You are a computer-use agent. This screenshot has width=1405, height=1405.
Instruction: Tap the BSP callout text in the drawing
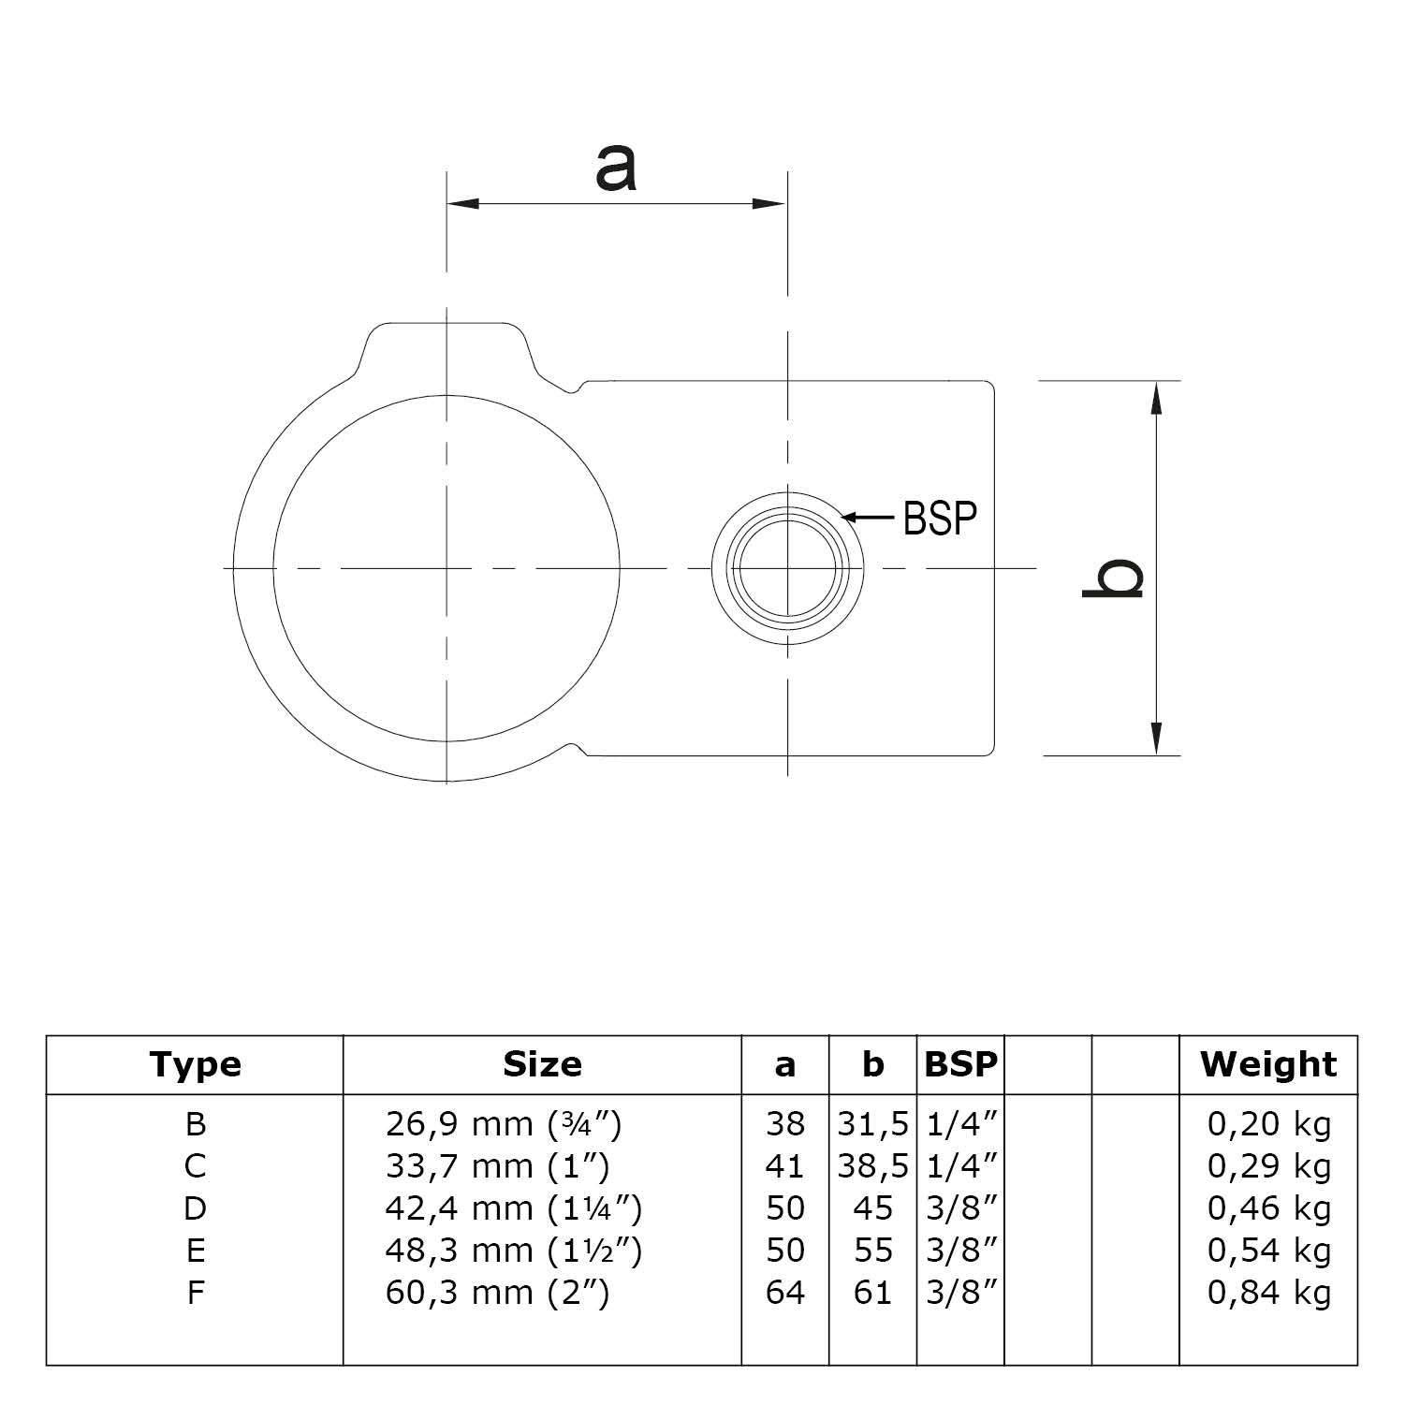940,518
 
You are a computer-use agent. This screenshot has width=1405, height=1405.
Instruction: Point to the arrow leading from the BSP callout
868,516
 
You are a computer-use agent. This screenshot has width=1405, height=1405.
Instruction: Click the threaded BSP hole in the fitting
788,568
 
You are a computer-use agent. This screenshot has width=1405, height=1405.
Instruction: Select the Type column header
195,1064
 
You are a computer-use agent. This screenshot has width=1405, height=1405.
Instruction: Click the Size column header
542,1064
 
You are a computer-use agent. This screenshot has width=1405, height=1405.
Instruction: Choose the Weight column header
1268,1064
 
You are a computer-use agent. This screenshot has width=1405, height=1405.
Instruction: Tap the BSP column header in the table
960,1064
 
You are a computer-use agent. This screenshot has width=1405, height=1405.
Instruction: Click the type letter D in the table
195,1208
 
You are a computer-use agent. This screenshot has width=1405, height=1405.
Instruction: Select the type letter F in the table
195,1293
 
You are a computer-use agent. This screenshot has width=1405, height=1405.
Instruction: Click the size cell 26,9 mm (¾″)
504,1123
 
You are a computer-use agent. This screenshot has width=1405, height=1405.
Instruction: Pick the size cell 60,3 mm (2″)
497,1293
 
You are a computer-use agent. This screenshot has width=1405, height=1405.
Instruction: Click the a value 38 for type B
784,1123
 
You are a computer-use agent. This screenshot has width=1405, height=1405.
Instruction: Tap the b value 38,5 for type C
872,1166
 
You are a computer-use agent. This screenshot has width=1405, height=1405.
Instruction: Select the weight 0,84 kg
1268,1293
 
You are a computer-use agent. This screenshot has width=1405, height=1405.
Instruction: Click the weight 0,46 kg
1268,1208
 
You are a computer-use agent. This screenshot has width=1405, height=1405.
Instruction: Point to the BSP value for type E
960,1251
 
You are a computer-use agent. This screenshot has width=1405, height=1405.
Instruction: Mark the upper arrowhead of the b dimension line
1157,397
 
